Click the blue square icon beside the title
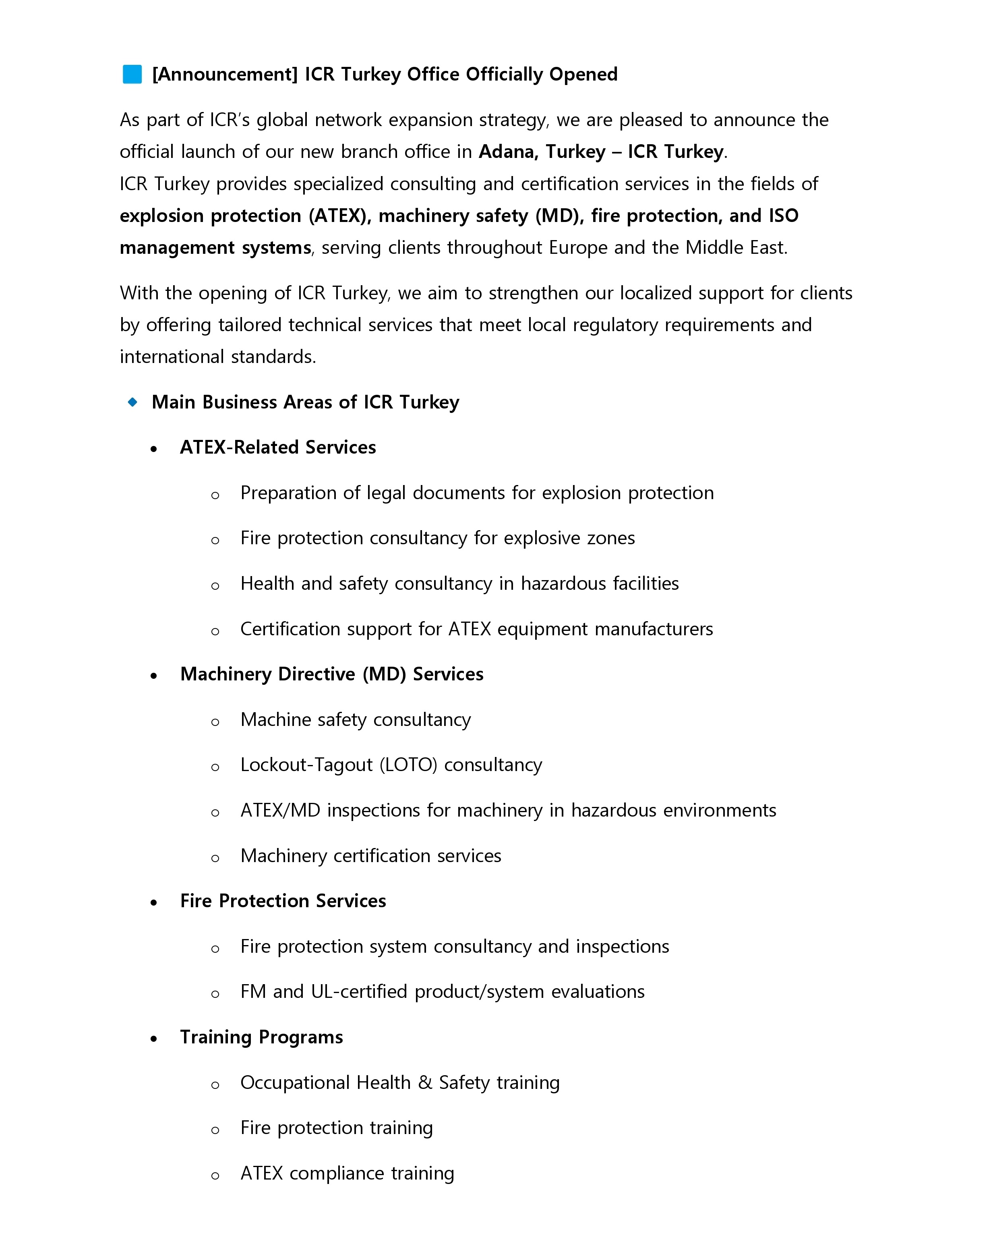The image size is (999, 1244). point(132,75)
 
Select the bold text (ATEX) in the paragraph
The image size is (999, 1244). point(340,216)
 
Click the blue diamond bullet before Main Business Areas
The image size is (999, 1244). point(132,402)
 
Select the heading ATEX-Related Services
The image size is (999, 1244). point(277,448)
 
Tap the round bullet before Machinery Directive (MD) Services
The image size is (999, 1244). point(153,676)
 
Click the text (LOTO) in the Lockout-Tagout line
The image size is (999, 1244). point(408,765)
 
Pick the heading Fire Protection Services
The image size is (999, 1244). point(283,901)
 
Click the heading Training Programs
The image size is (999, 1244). point(261,1037)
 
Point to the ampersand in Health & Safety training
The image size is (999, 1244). point(425,1083)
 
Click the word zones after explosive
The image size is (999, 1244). point(611,538)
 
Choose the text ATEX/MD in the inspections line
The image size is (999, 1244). point(280,811)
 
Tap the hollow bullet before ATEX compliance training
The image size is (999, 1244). point(215,1176)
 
